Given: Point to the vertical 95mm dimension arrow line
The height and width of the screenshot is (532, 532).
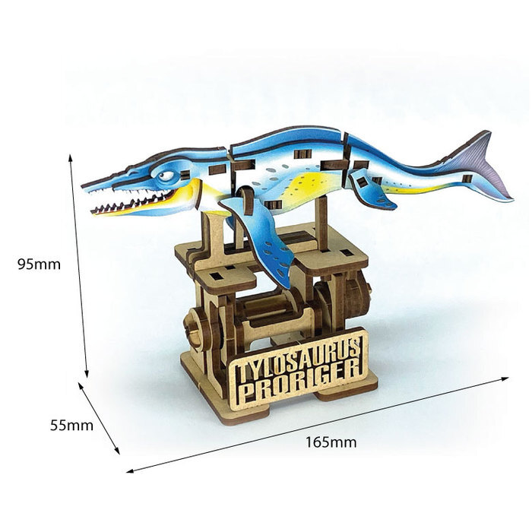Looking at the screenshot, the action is pos(79,266).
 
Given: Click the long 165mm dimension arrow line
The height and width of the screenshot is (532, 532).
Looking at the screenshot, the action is pos(319,423).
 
